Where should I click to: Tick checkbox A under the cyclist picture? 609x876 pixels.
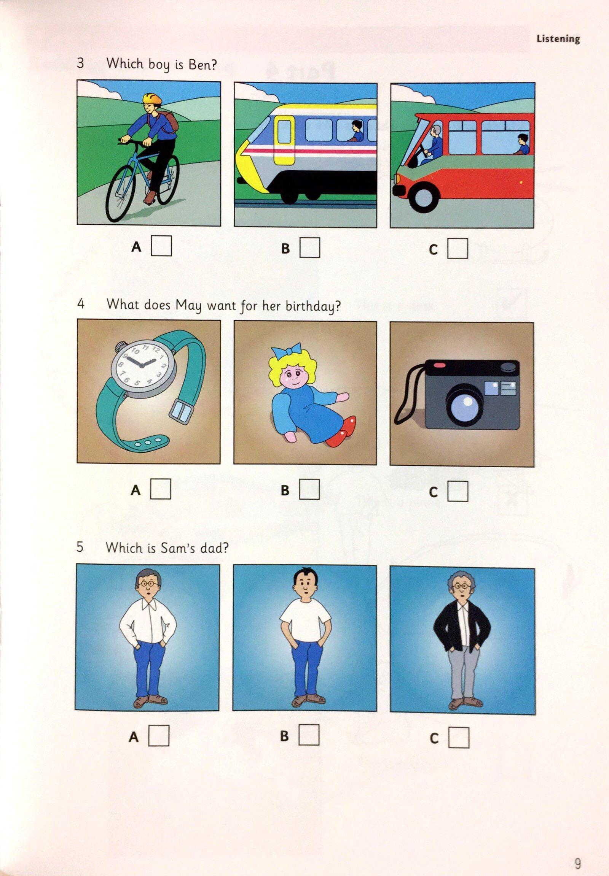tap(161, 246)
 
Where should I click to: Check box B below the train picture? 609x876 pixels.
tap(309, 248)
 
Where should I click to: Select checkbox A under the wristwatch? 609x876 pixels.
tap(161, 489)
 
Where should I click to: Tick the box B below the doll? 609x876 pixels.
tap(309, 489)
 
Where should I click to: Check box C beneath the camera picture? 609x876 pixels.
tap(458, 491)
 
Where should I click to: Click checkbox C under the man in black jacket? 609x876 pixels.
tap(459, 738)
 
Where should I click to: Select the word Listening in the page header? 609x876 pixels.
tap(558, 39)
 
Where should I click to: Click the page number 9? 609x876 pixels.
tap(578, 851)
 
